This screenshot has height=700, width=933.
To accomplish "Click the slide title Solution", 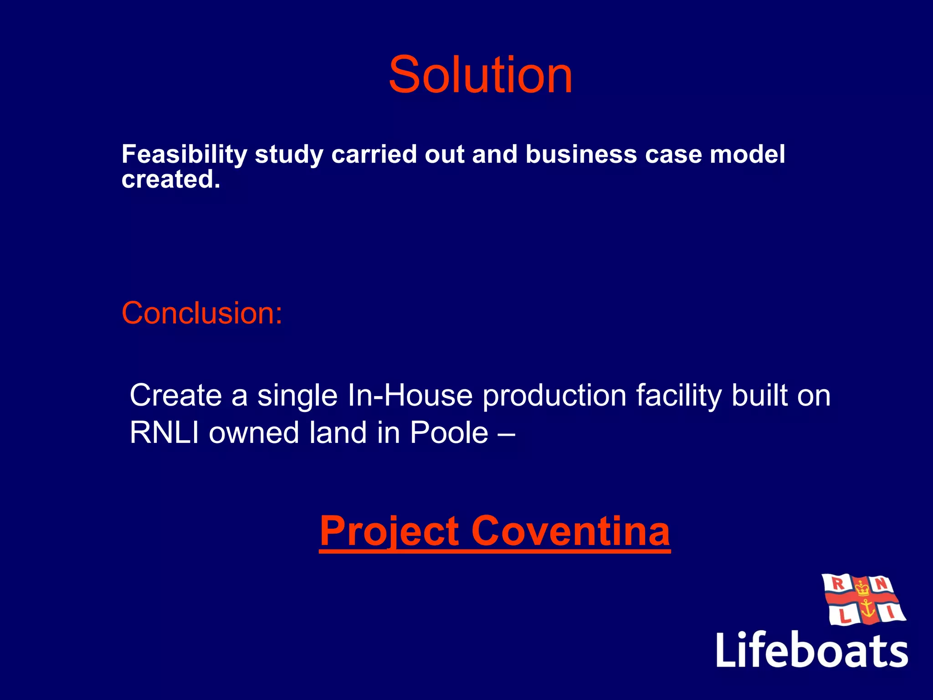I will point(480,75).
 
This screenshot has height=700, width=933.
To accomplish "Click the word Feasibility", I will point(184,154).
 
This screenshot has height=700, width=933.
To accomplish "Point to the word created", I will point(170,179).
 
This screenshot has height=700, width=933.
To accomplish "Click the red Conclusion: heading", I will point(202,314).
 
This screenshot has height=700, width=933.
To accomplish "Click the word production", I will point(554,395).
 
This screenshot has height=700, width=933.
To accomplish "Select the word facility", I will point(678,395).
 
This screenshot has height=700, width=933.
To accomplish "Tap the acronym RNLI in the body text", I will point(164,432).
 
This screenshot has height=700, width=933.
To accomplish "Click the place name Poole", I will point(449,432).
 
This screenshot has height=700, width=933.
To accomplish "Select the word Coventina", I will point(570,531).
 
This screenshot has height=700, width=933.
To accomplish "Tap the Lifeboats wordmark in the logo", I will point(812,650).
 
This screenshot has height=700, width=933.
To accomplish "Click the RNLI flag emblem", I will point(863,599).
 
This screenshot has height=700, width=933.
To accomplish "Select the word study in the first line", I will point(288,154).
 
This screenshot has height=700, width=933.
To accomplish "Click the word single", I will point(297,395).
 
